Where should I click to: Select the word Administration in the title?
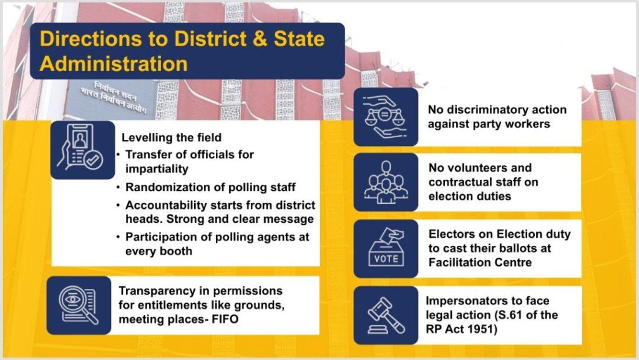coord(114,64)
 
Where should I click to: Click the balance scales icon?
coord(386,117)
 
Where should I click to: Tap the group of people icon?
coord(386,182)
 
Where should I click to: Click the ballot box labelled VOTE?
coord(386,248)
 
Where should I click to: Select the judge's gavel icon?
coord(386,315)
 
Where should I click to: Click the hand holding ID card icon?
coord(82,148)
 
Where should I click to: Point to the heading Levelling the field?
coord(172,137)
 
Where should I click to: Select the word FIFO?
coord(225,319)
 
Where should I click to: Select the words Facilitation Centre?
coord(480,262)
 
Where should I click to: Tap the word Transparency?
coord(157,291)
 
